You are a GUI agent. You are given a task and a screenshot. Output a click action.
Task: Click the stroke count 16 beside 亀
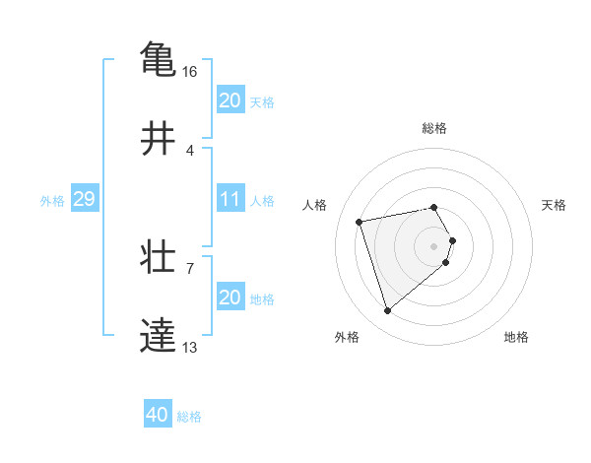coord(190,72)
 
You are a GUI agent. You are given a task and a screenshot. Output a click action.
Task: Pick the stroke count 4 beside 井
coord(190,151)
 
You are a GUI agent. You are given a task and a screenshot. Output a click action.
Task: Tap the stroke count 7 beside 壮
coord(190,268)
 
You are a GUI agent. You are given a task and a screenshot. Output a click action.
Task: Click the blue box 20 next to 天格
coord(230,99)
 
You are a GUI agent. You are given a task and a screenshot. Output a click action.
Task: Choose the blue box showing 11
coord(230,199)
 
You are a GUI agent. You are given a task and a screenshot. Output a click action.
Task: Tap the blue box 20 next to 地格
coord(230,298)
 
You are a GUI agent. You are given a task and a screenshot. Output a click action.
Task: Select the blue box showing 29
coord(84,199)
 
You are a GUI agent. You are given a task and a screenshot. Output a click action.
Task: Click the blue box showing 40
coord(158,415)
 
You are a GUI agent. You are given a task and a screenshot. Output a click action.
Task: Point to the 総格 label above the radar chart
coord(434,128)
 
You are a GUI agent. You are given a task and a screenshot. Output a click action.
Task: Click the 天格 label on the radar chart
coord(554,205)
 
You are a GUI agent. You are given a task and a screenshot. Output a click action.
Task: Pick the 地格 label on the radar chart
coord(516,337)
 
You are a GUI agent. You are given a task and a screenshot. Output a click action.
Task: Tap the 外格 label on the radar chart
coord(347,337)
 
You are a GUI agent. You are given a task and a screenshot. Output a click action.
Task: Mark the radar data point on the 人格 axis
coord(360,221)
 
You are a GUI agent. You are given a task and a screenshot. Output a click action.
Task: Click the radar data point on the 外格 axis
coord(387,311)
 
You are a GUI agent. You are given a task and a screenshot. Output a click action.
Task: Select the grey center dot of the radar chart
coord(434,245)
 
